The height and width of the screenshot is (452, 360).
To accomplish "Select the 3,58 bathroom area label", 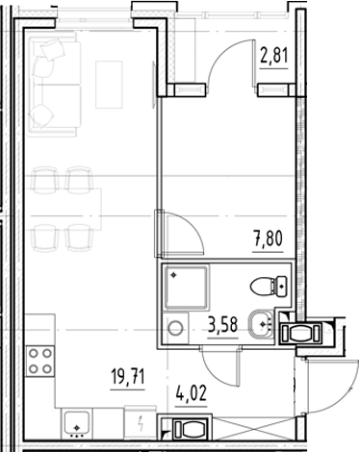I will (x=225, y=335).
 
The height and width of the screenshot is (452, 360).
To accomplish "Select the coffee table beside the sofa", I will (x=108, y=81).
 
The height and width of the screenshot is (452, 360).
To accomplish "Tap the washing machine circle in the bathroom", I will (x=177, y=328).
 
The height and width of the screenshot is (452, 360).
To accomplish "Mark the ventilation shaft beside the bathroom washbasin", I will (x=307, y=333).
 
